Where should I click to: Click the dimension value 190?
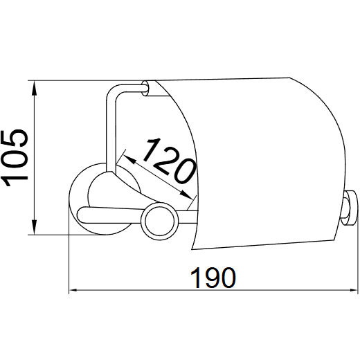[x=213, y=278]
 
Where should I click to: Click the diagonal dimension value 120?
[x=169, y=161]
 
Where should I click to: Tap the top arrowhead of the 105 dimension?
[x=34, y=88]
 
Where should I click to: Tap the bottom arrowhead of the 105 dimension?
[x=34, y=227]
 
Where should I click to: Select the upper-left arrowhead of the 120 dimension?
[x=129, y=159]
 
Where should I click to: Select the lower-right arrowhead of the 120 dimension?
[x=186, y=195]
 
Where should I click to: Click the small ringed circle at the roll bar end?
[x=159, y=221]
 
